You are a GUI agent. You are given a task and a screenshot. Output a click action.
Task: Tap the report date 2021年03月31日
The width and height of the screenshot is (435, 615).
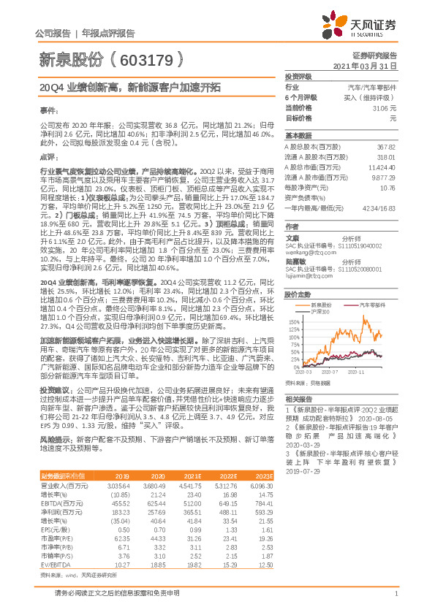click(x=370, y=65)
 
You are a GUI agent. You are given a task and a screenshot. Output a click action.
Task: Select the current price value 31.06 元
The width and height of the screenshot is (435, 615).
click(x=384, y=107)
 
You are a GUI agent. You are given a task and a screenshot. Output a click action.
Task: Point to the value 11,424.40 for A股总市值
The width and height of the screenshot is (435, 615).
click(x=382, y=167)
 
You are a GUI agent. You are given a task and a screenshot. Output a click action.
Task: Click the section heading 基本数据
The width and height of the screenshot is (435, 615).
click(x=298, y=136)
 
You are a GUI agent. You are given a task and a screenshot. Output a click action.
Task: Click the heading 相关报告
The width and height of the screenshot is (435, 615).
click(x=298, y=400)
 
